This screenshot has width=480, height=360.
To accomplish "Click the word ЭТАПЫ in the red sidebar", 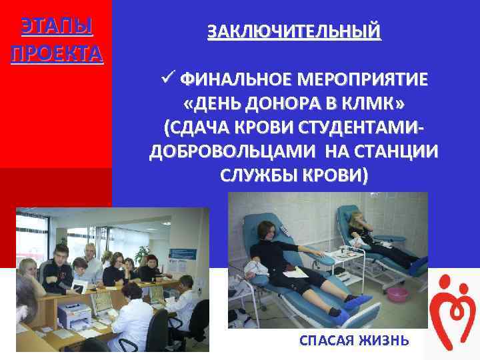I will pyautogui.click(x=57, y=27).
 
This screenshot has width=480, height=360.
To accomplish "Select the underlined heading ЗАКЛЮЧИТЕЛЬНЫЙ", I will pyautogui.click(x=294, y=31).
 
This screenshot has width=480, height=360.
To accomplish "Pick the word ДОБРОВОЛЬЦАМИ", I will pyautogui.click(x=233, y=151).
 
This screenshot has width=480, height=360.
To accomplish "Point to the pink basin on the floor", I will pyautogui.click(x=397, y=294).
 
